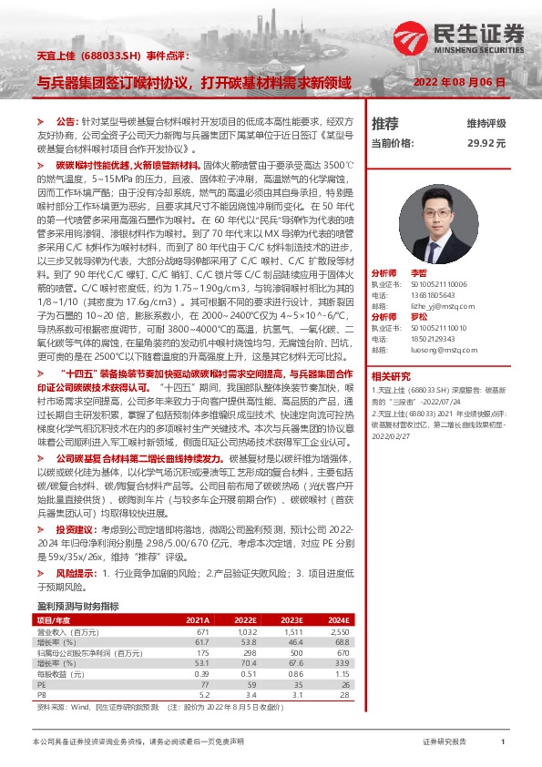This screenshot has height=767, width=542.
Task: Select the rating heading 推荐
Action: click(385, 123)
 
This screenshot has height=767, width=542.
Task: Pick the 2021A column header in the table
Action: click(198, 619)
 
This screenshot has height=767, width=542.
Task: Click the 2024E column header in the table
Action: click(338, 619)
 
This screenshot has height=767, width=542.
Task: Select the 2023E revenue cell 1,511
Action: click(292, 631)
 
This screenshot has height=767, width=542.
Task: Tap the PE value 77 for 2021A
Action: click(204, 682)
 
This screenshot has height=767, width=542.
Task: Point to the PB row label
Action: click(41, 693)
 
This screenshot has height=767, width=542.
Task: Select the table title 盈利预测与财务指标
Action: click(77, 605)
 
